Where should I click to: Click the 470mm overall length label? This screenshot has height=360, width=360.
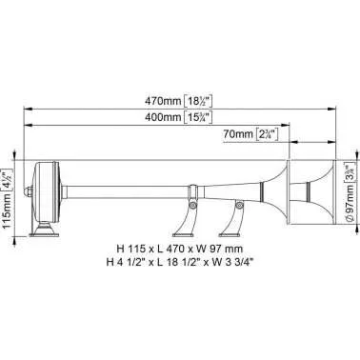(x=178, y=102)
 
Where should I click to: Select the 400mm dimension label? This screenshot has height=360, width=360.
(x=178, y=117)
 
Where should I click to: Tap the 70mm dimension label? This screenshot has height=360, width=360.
(x=250, y=134)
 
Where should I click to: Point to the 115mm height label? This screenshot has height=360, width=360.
(x=8, y=199)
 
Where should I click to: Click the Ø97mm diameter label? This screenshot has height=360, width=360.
(x=350, y=192)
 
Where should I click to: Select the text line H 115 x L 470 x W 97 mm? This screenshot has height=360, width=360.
(x=180, y=249)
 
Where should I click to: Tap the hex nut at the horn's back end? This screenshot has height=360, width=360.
(x=29, y=191)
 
